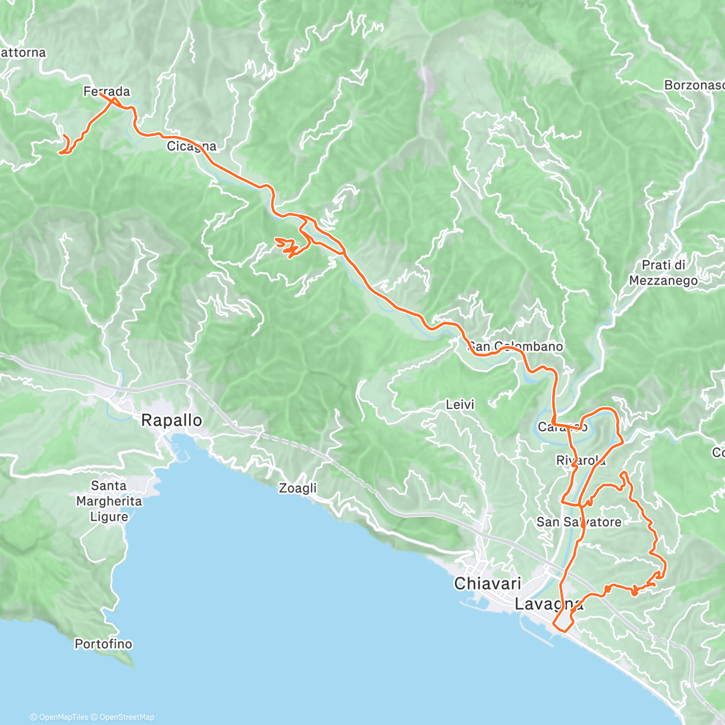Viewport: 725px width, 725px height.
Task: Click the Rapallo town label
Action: (172, 420)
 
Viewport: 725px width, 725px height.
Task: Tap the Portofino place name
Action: (103, 644)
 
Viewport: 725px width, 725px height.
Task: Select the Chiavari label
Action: (488, 584)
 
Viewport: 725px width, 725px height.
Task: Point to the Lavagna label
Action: (549, 603)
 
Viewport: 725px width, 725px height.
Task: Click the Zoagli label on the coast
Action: (297, 488)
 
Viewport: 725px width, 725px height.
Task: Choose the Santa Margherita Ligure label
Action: (109, 501)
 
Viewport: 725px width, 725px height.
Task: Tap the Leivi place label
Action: (460, 404)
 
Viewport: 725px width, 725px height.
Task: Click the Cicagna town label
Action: (192, 146)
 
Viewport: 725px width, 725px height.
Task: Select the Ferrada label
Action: (106, 91)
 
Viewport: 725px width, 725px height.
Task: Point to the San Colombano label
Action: (516, 346)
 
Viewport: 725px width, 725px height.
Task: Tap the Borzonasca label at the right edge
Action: (694, 85)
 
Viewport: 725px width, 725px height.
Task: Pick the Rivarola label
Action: (581, 461)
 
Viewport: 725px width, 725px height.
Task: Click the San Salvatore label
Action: (579, 521)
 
